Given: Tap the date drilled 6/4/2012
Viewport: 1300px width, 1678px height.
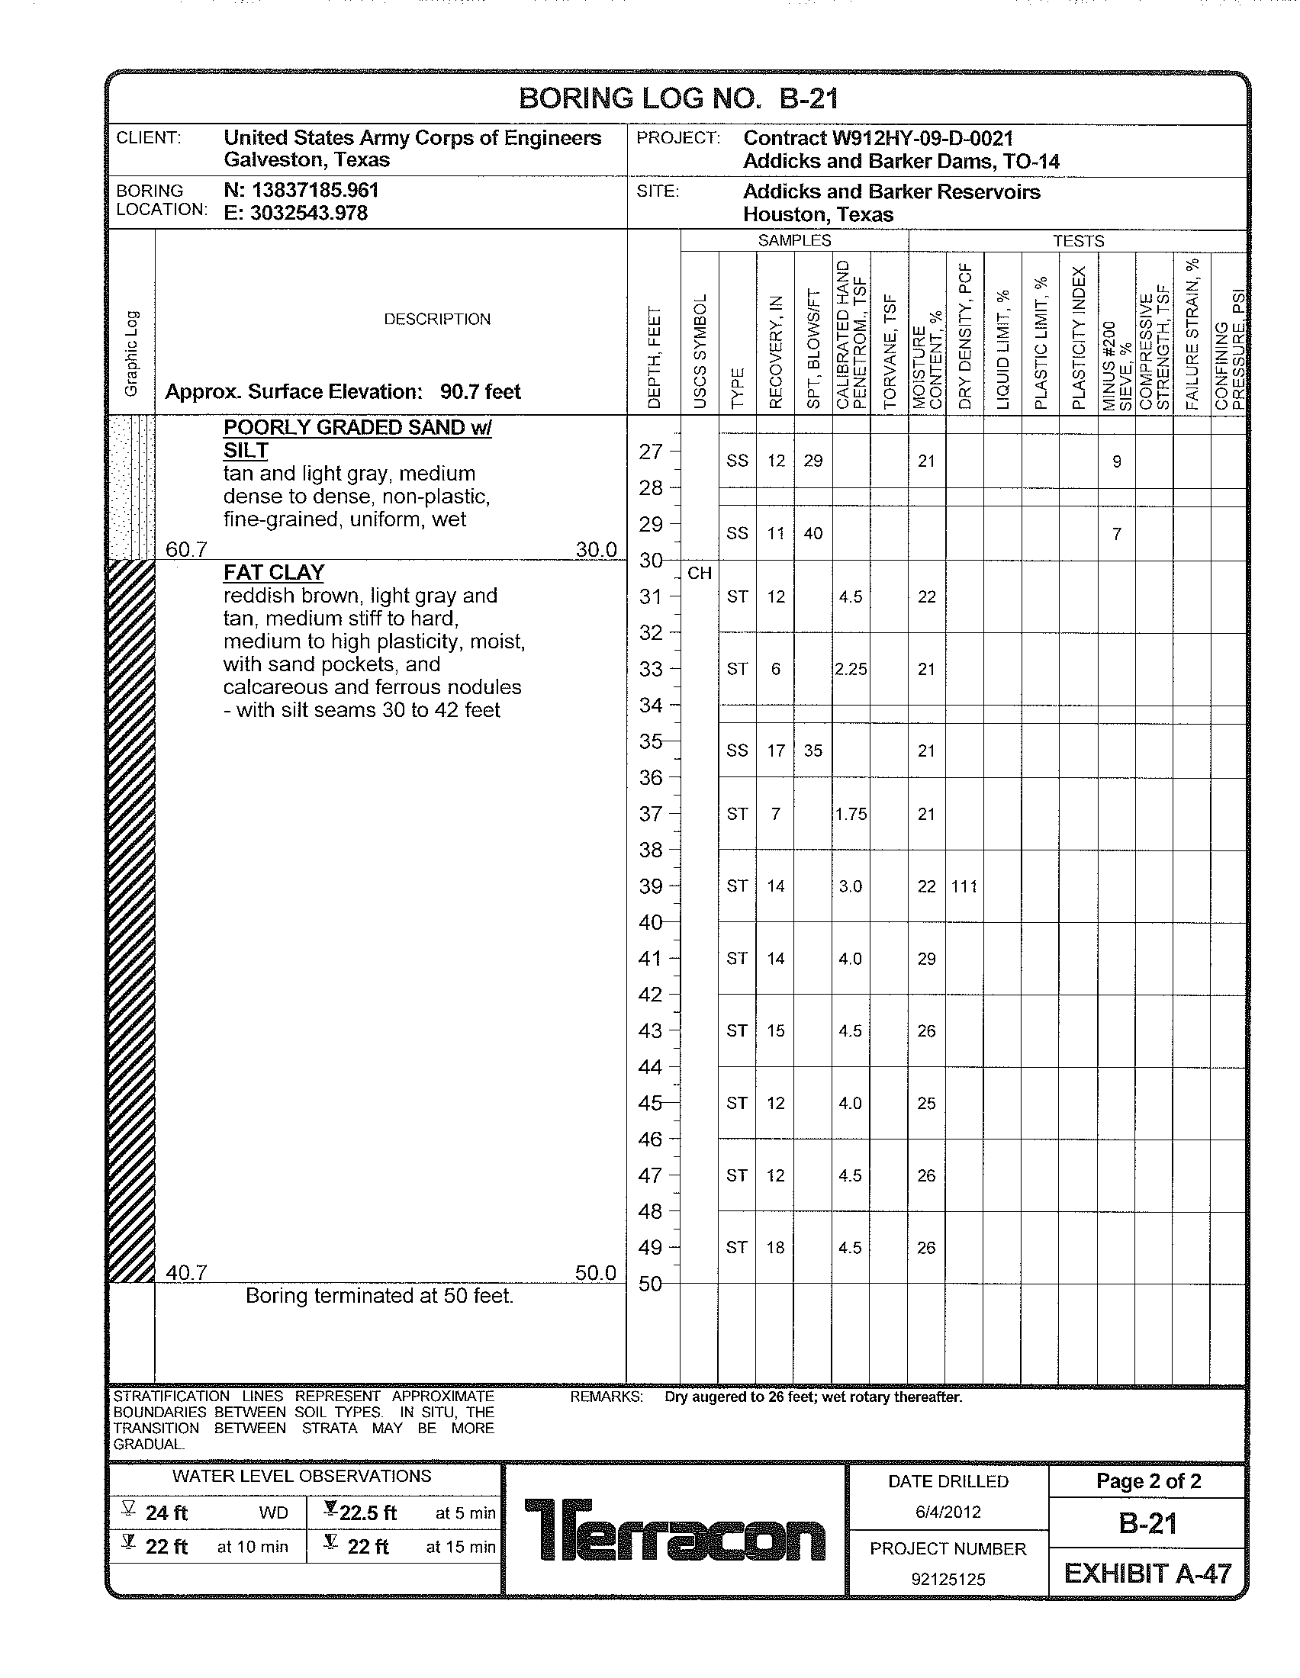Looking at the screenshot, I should pos(948,1512).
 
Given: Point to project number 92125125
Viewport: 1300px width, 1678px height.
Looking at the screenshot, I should pos(948,1579).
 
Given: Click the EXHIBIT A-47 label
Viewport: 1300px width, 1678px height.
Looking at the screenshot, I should pos(1147,1574).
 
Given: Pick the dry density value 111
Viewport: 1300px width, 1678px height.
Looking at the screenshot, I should pos(964,886).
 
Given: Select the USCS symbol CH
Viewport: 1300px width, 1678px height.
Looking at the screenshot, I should pos(699,573).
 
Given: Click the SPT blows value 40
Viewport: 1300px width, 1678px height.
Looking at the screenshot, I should pos(813,533).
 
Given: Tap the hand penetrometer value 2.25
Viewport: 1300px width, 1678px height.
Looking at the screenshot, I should pos(851,669).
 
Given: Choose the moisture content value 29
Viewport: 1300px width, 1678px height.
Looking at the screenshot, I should pos(927,959).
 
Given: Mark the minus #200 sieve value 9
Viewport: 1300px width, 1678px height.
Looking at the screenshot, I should pos(1116,461).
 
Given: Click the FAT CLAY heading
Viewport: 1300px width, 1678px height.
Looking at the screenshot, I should pos(274,572).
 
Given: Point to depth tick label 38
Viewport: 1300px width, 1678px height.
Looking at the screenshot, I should pos(651,850).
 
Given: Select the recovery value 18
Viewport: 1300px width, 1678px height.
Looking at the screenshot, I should pos(775,1248).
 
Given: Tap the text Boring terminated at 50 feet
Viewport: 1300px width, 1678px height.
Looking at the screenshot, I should pos(378,1296).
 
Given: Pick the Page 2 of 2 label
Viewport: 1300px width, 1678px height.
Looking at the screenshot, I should pos(1148,1481).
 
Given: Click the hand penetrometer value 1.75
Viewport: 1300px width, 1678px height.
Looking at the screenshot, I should pos(851,814).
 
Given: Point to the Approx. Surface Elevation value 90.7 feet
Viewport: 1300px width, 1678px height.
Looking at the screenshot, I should pos(480,392).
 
